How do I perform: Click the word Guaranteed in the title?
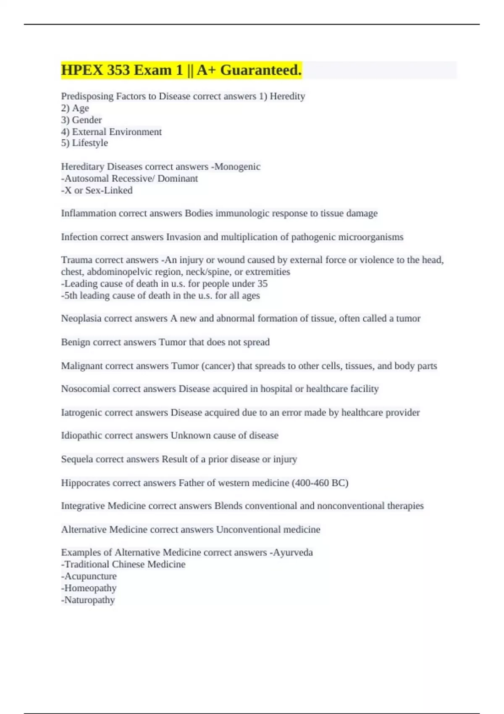tap(261, 70)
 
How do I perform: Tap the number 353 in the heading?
tap(118, 70)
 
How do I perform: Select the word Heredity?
tap(287, 96)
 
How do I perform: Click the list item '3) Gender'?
tap(81, 120)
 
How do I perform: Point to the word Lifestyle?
tap(90, 143)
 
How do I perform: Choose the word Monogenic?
tap(237, 167)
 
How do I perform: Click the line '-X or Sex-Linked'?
tap(97, 190)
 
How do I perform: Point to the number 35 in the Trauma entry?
tap(262, 283)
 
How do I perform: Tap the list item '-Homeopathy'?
tap(89, 588)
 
